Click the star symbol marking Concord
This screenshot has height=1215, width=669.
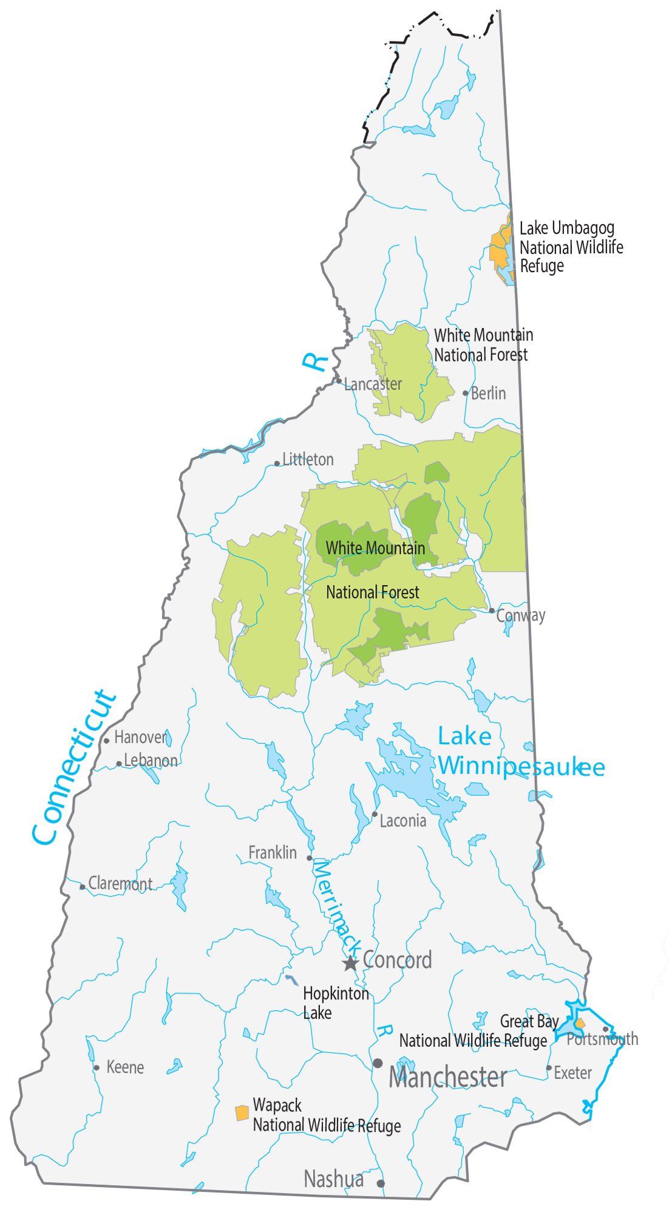[350, 963]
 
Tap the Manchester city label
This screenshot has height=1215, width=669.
[447, 1078]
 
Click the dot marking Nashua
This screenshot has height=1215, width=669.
[381, 1183]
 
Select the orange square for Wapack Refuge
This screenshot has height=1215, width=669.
[242, 1113]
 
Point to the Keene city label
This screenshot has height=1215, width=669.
[125, 1067]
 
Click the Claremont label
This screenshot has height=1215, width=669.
[120, 883]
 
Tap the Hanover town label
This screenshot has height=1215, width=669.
[140, 738]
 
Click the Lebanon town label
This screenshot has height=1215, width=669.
[151, 761]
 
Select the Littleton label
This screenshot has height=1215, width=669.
[308, 460]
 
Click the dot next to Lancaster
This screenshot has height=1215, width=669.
[339, 381]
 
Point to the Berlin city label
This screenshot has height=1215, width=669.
[488, 394]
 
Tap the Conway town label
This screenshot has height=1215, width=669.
[521, 615]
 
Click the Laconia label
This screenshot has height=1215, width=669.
[402, 821]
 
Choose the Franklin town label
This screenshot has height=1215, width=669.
[273, 853]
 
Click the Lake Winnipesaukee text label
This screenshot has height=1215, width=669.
[520, 753]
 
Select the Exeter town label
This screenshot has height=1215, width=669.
[572, 1073]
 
